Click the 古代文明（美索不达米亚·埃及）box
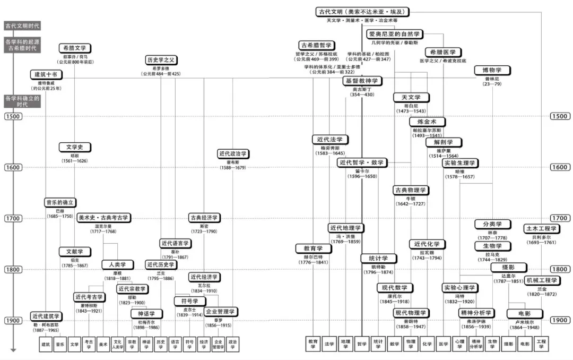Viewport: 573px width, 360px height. [363, 11]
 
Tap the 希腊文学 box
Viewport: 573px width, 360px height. [74, 48]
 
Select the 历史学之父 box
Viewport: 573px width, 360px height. [161, 59]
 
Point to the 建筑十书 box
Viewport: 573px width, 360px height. [47, 75]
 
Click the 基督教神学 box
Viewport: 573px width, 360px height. [362, 81]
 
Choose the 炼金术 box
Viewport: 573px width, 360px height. [427, 122]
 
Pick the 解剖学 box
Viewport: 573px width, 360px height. [439, 142]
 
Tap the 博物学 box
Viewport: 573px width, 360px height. [492, 70]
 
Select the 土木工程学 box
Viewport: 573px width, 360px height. [541, 228]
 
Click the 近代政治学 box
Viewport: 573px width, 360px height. [233, 153]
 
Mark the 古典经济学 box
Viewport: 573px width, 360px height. [204, 217]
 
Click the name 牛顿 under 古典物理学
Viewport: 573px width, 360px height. [410, 198]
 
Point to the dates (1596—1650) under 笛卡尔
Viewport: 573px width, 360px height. [363, 176]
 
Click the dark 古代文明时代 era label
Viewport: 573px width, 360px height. [22, 25]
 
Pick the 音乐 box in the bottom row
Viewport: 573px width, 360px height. [60, 344]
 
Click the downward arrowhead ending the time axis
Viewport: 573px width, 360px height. [13, 350]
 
